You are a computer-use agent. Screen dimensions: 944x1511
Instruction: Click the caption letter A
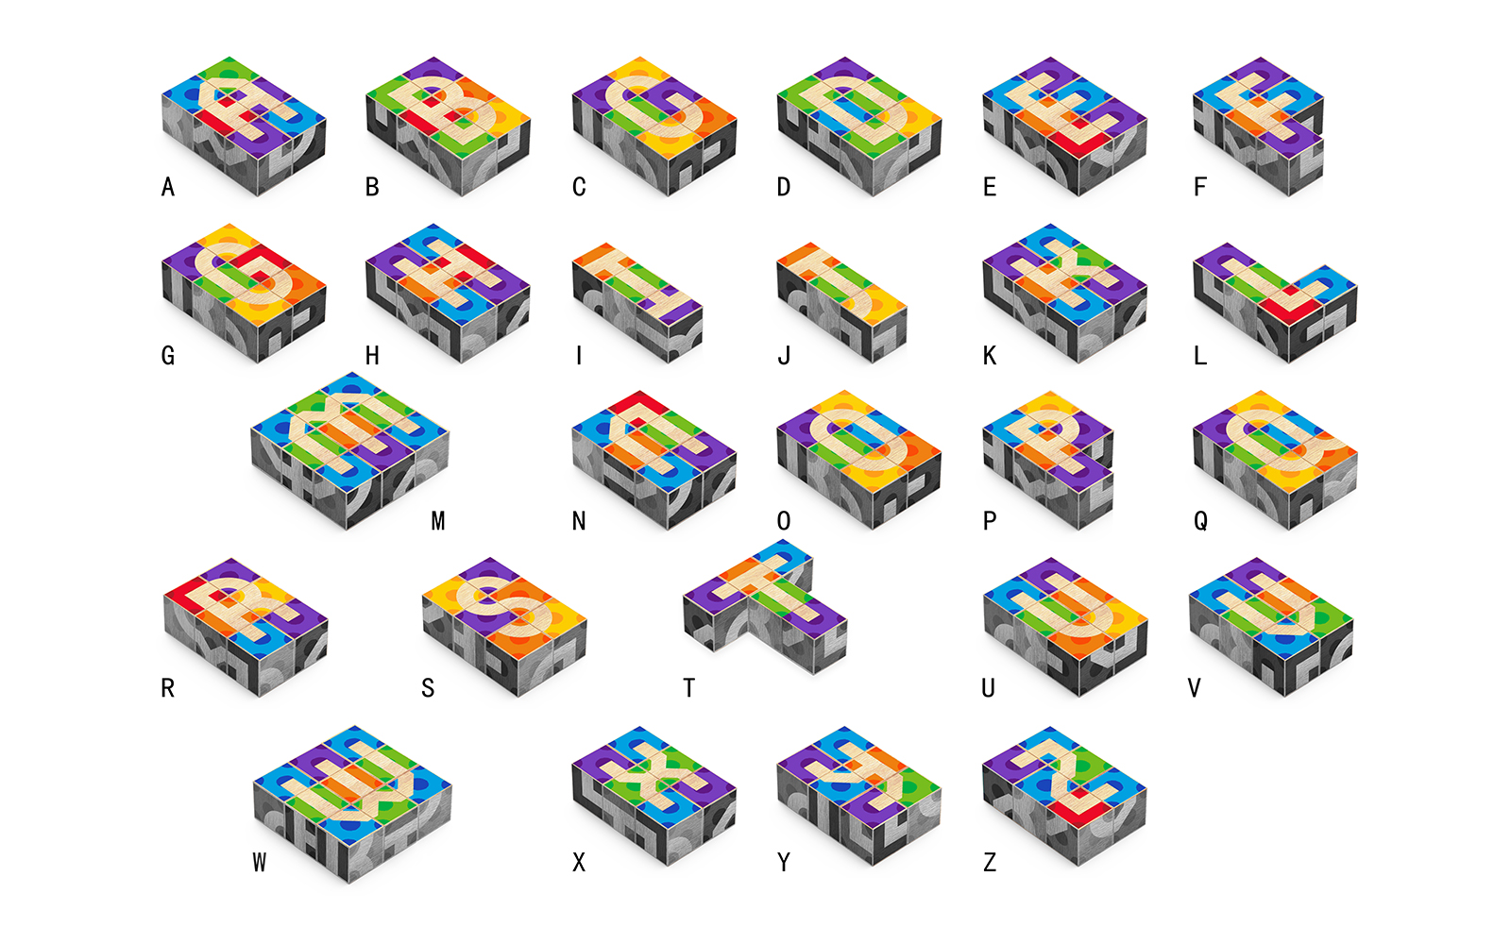(168, 187)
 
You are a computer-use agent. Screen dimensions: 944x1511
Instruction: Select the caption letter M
(437, 521)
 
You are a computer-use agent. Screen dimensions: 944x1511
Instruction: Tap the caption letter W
(260, 862)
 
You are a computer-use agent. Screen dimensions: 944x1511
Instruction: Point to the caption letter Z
(990, 862)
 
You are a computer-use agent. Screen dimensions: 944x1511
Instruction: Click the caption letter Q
(1200, 521)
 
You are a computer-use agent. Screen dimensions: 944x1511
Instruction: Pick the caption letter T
(689, 688)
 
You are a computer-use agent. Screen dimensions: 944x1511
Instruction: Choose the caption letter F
(1200, 187)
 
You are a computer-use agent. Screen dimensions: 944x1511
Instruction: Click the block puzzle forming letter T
(765, 604)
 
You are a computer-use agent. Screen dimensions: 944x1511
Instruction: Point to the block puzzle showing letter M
(349, 448)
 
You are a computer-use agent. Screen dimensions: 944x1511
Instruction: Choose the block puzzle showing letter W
(351, 802)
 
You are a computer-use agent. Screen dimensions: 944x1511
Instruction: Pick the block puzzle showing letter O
(858, 458)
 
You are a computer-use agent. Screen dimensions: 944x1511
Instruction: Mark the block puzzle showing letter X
(654, 793)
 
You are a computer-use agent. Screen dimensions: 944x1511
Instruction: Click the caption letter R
(168, 688)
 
